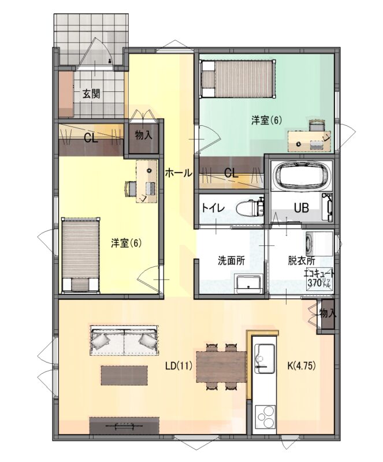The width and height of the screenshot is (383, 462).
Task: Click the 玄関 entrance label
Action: [91, 94]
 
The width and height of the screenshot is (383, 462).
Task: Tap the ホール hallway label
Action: [179, 173]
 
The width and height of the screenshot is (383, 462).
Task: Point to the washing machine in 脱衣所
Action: [319, 244]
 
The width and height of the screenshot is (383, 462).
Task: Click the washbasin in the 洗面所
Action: [248, 284]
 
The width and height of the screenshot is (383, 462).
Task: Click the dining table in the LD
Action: [221, 367]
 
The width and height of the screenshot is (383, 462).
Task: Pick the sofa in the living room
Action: [124, 340]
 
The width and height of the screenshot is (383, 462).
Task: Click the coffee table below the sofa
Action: [124, 375]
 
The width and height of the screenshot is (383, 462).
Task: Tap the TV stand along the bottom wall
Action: [124, 426]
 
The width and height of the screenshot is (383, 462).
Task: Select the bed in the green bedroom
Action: [238, 78]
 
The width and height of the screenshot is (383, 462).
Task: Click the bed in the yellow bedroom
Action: [80, 255]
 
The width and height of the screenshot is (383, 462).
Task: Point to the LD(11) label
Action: [179, 366]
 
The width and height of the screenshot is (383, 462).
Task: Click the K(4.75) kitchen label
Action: [302, 366]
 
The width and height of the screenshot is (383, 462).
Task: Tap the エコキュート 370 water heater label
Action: [319, 279]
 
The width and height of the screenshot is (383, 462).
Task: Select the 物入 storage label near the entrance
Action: [144, 135]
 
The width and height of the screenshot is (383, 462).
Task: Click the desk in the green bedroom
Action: [310, 141]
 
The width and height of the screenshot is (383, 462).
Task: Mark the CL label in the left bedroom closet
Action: [91, 138]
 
